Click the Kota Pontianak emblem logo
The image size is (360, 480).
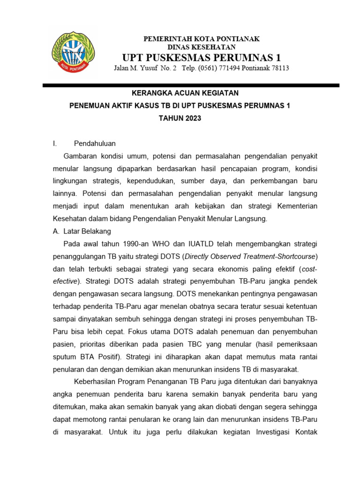[x=73, y=52]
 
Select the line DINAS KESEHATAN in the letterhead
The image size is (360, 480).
[x=202, y=47]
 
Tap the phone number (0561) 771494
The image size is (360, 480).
[x=219, y=68]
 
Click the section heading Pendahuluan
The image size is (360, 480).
[x=95, y=143]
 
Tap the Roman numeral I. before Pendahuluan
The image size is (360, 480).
[x=55, y=143]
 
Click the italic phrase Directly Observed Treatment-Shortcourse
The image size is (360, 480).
[x=251, y=256]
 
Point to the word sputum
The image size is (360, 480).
[x=65, y=357]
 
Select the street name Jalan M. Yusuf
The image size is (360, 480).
[x=136, y=68]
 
